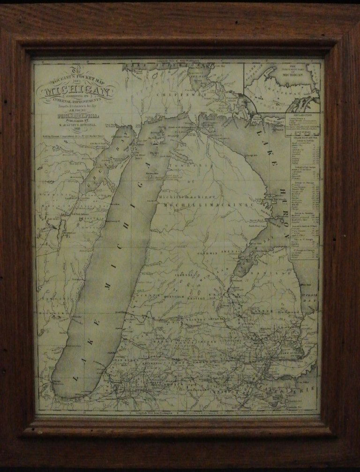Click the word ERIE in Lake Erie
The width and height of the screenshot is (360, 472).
(309, 388)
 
